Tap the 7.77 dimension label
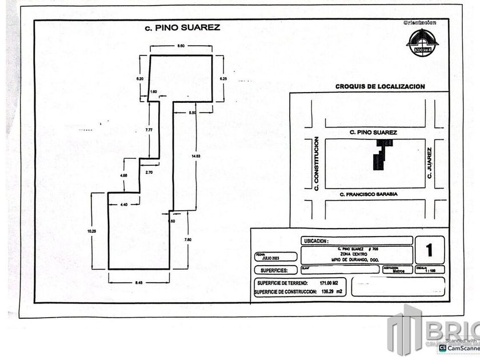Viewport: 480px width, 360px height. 149,130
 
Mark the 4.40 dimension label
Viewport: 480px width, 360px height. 123,204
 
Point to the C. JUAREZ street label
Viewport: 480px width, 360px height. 429,164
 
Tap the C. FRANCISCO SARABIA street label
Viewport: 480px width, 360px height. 368,194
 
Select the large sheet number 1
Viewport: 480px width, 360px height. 429,250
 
